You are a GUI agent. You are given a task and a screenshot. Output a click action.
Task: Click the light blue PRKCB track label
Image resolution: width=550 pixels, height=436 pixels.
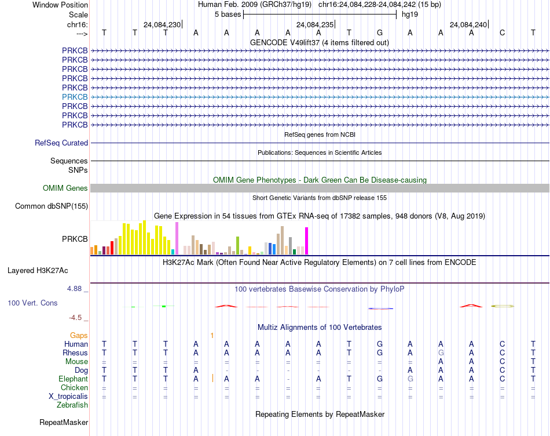coord(75,97)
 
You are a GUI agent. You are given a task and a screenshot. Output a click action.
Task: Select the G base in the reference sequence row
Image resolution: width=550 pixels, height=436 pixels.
coord(380,33)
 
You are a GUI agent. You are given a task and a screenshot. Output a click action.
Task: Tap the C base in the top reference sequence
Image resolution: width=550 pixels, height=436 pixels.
coord(503,33)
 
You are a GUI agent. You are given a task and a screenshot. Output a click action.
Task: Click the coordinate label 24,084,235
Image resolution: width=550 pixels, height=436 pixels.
coord(315,24)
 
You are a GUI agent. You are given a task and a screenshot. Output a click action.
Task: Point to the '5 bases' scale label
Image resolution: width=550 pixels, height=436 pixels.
coord(228,14)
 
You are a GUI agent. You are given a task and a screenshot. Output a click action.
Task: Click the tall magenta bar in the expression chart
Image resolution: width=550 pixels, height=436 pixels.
coord(307,241)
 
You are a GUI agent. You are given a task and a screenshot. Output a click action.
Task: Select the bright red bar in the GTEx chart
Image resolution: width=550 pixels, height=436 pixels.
coord(112,248)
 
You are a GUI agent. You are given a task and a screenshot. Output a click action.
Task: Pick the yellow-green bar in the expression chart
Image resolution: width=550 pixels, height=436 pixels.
coord(237,246)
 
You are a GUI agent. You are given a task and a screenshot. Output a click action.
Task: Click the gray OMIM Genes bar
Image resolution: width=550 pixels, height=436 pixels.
coord(320,188)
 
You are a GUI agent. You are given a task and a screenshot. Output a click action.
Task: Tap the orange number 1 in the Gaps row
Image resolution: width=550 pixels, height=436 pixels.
coord(212,336)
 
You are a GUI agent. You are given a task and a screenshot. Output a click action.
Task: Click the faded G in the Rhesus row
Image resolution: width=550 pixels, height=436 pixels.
coord(441,353)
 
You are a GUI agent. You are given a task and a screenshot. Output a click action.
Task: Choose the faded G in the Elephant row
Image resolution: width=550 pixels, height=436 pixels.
coord(410,379)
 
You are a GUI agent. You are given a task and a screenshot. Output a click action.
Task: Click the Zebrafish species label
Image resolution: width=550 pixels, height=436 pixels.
coord(72,405)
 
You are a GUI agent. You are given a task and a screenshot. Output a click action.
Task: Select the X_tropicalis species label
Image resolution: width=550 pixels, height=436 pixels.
coord(68,397)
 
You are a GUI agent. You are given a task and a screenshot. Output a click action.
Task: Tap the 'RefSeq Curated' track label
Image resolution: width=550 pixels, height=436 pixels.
coord(61,143)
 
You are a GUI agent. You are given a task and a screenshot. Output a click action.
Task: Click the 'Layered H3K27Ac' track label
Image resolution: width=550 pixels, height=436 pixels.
coord(38,271)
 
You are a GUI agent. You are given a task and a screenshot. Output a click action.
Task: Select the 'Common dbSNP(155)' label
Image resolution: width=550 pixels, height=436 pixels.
coord(52,206)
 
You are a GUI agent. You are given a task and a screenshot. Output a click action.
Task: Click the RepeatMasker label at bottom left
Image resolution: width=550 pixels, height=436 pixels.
coord(64,422)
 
